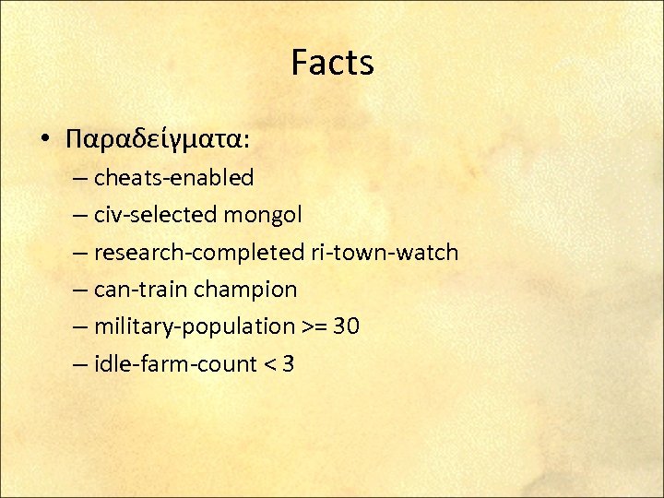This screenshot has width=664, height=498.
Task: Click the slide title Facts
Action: coord(332,64)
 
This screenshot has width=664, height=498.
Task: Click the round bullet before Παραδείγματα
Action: coord(45,139)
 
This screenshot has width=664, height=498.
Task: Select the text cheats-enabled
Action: coord(173,177)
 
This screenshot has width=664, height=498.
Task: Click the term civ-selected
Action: coord(155,215)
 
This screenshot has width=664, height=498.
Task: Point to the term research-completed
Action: coord(199,253)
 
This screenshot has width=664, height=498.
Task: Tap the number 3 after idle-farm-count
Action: coord(289,364)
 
